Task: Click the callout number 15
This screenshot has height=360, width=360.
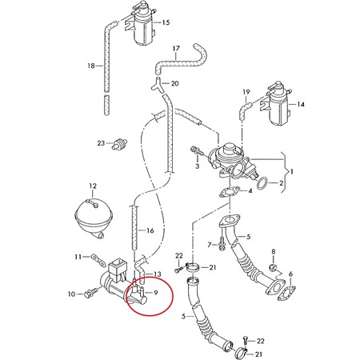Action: tap(166, 22)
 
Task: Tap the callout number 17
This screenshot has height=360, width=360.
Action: tap(176, 49)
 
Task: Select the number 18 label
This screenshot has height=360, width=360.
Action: tap(91, 66)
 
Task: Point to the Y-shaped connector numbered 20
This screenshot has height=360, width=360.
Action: tap(157, 85)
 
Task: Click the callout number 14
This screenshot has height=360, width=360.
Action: tap(301, 104)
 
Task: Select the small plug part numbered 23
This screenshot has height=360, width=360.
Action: tap(120, 144)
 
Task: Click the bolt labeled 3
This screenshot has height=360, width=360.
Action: tap(198, 152)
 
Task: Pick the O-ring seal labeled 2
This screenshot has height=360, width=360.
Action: tap(262, 183)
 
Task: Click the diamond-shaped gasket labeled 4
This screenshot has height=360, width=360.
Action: tap(229, 192)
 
